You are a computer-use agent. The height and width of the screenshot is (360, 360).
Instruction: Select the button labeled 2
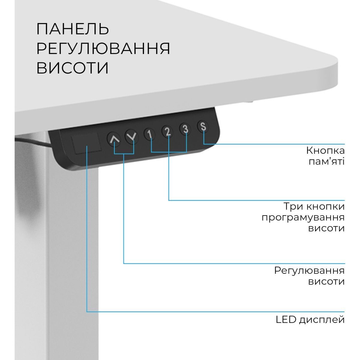[168, 131]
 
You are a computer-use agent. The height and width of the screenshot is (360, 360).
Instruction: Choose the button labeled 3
[185, 129]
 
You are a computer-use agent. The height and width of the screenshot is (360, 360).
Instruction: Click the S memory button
[203, 126]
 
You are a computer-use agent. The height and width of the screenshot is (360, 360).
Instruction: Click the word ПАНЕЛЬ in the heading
[72, 29]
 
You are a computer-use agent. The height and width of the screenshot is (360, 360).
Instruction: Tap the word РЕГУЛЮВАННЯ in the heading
[103, 49]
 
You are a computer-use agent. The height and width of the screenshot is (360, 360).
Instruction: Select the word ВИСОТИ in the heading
[72, 68]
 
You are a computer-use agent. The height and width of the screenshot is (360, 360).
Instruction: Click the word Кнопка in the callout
[325, 150]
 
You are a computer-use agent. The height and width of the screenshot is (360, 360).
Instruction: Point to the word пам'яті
[327, 162]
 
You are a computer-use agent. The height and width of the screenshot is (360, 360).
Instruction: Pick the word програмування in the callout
[303, 217]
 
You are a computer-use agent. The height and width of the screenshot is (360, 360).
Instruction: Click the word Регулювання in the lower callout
[309, 270]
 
